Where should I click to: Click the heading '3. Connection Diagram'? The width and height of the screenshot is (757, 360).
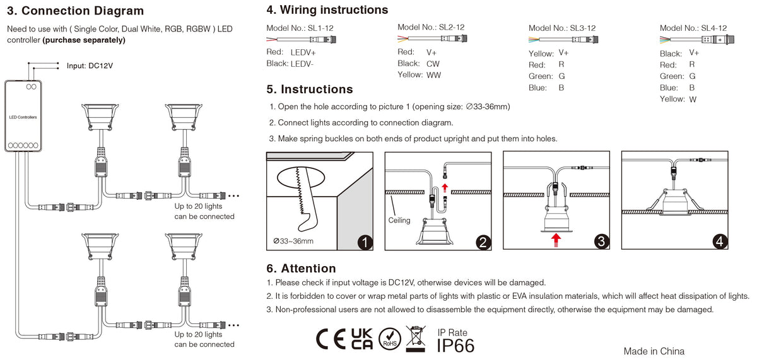[75, 11]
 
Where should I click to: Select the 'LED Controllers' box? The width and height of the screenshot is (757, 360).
[23, 117]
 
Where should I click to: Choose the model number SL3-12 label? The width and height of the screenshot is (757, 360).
[562, 28]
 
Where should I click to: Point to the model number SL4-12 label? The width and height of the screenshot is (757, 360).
[693, 28]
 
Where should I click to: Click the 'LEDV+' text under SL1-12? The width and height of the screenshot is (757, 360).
[303, 52]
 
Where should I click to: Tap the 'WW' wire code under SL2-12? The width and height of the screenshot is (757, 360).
[434, 75]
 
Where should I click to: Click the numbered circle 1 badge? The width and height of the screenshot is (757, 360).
[365, 242]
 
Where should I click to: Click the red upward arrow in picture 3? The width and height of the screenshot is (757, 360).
[556, 238]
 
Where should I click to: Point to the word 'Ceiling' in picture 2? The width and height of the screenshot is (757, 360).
[399, 221]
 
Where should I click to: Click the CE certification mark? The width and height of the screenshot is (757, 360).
[330, 339]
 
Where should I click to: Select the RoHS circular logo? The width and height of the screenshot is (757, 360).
[389, 339]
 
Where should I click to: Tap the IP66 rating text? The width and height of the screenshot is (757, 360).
[455, 345]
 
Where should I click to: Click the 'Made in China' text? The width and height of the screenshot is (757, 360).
[654, 351]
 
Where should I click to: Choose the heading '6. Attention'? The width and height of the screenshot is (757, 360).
[301, 269]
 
